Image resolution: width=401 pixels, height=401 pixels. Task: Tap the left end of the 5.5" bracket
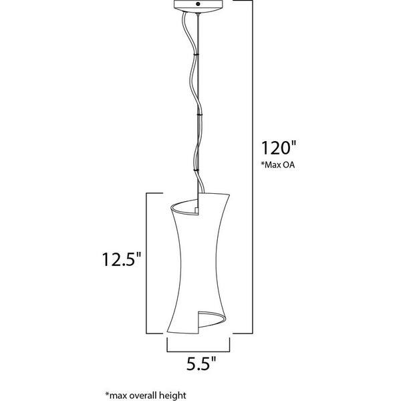[166, 344]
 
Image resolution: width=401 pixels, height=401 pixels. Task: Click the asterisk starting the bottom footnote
[108, 394]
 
